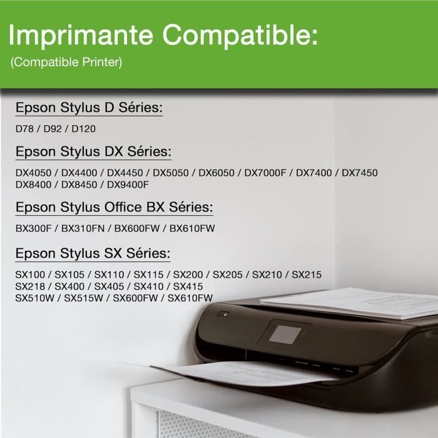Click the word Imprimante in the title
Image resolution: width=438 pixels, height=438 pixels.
click(81, 36)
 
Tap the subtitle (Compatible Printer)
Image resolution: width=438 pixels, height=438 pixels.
click(66, 63)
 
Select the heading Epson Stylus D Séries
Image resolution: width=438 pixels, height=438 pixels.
click(89, 108)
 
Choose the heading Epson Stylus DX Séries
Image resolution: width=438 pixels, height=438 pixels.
click(94, 152)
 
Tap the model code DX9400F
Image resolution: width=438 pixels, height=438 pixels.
click(128, 185)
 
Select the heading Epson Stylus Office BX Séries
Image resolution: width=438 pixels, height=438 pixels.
click(115, 207)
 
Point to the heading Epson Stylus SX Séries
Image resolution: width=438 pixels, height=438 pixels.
click(93, 253)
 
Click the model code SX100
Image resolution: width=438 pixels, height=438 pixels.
click(32, 275)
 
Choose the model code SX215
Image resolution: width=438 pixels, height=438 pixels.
click(307, 275)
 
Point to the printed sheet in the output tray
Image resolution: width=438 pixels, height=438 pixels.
click(238, 373)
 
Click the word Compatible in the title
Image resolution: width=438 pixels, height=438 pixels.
click(242, 36)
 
